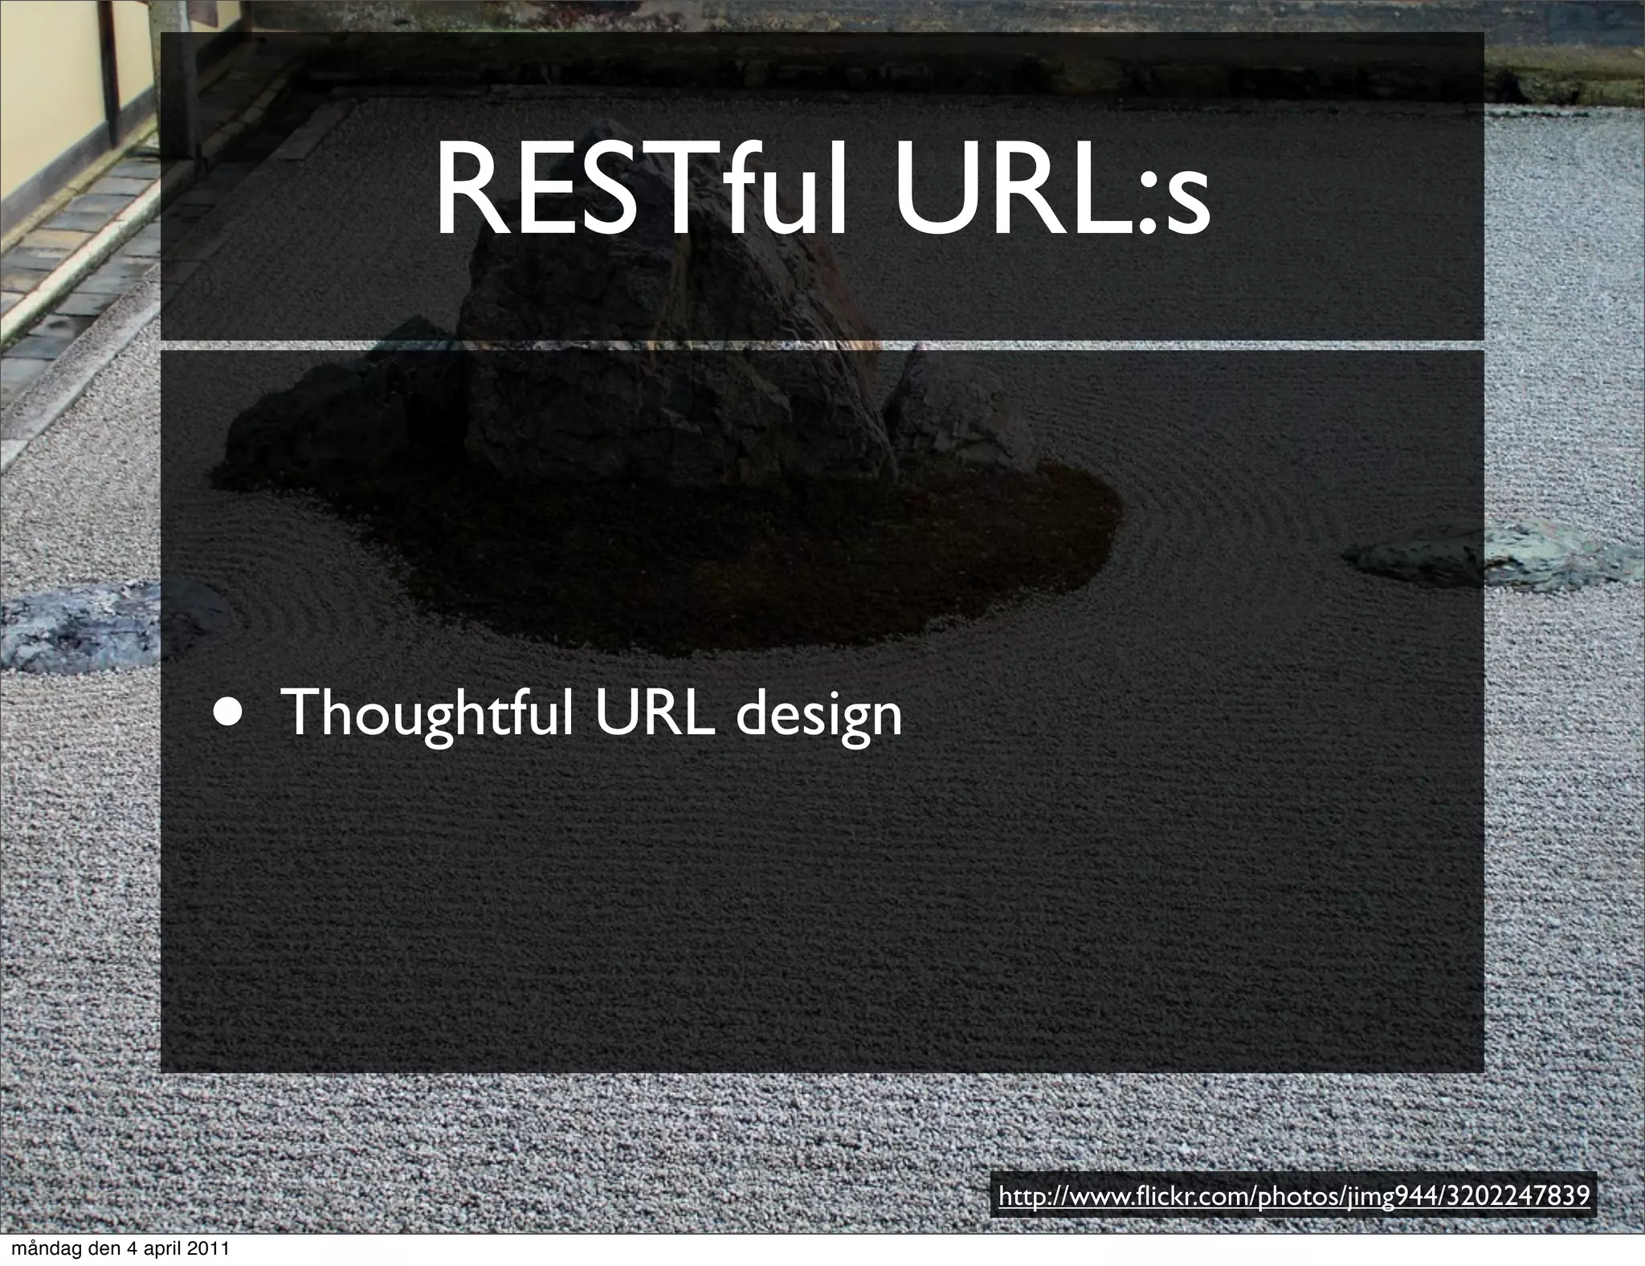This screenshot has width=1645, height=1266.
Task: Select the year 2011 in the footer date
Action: tap(208, 1250)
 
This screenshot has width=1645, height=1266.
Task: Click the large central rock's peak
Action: tap(610, 137)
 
